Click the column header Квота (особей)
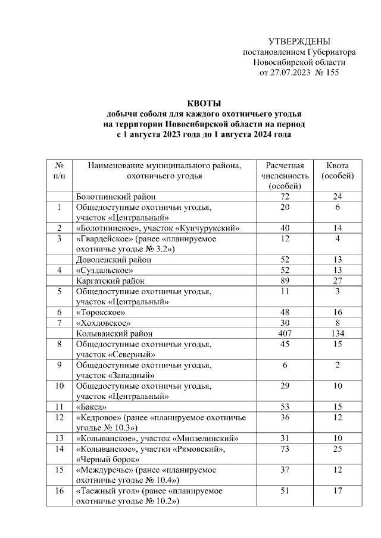coord(337,171)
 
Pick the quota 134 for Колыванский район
coord(337,334)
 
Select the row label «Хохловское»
coord(102,323)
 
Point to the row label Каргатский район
coord(110,280)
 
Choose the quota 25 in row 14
coord(337,449)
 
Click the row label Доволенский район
coord(113,259)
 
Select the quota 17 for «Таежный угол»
coord(337,492)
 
